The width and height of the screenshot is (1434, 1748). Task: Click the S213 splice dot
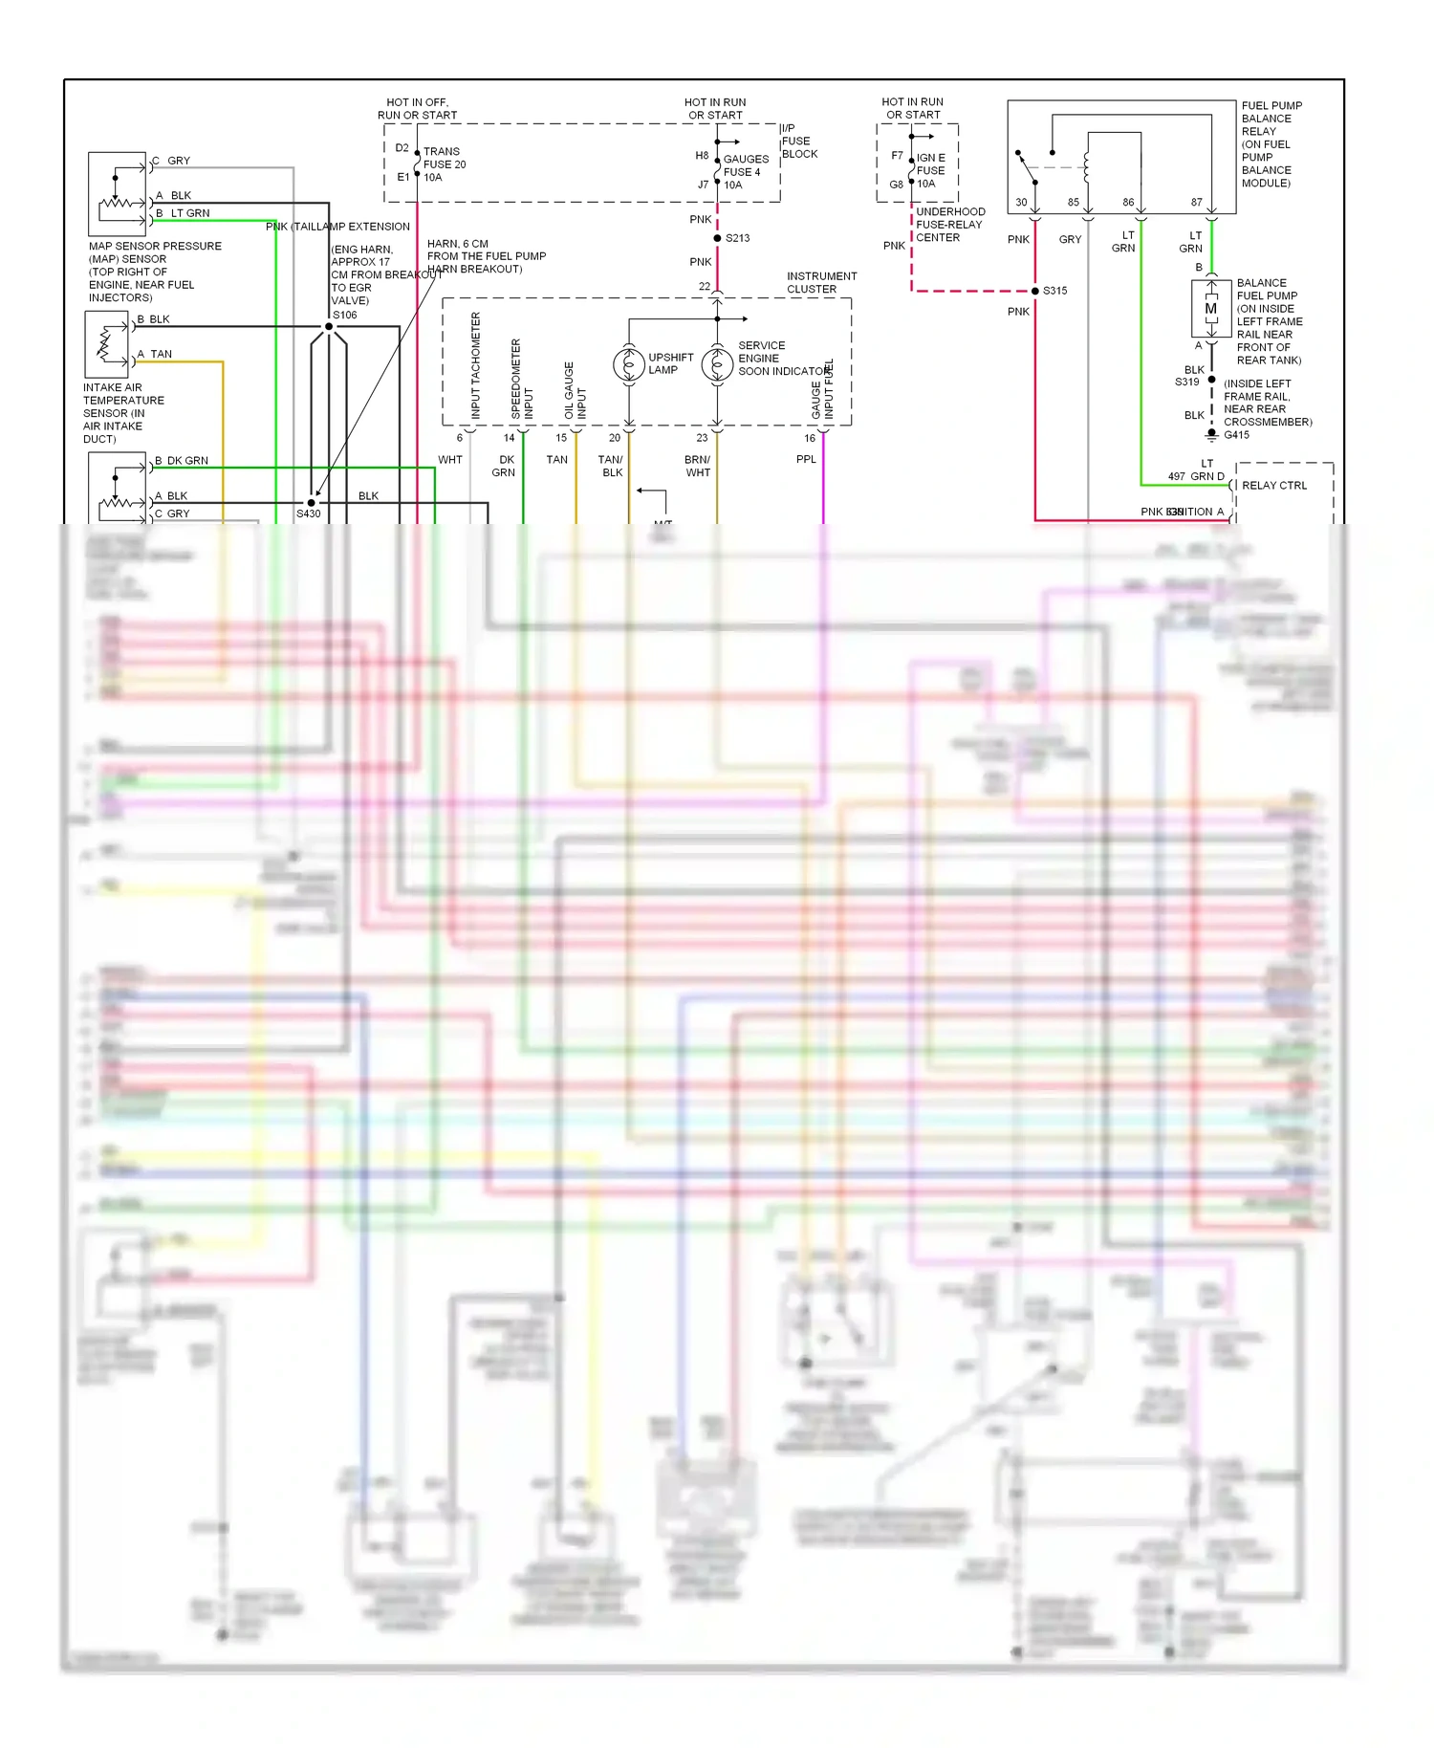[x=717, y=238]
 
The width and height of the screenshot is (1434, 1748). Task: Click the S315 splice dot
[x=1035, y=291]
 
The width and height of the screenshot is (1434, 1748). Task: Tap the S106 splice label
[x=344, y=315]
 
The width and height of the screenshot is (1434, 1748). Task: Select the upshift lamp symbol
[x=629, y=364]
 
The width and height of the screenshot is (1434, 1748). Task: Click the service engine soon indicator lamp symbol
[x=717, y=364]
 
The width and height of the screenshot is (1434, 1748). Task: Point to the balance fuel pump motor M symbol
[x=1211, y=309]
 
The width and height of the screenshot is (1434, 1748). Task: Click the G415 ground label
[x=1236, y=435]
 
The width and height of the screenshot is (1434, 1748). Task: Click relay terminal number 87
[x=1196, y=203]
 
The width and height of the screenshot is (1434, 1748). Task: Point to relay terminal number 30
[x=1021, y=203]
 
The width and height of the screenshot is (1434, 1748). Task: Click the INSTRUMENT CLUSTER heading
[x=821, y=282]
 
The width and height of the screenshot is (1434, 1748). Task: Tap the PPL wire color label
[x=806, y=460]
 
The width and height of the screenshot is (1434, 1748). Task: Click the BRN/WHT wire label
[x=698, y=466]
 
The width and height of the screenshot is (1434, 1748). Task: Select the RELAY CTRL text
[x=1273, y=486]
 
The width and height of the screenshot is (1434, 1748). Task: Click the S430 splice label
[x=308, y=513]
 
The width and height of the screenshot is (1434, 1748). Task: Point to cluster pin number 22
[x=705, y=287]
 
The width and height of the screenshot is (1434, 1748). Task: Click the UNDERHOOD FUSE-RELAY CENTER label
[x=949, y=225]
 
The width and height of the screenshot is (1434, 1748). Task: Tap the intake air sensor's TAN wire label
[x=161, y=354]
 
